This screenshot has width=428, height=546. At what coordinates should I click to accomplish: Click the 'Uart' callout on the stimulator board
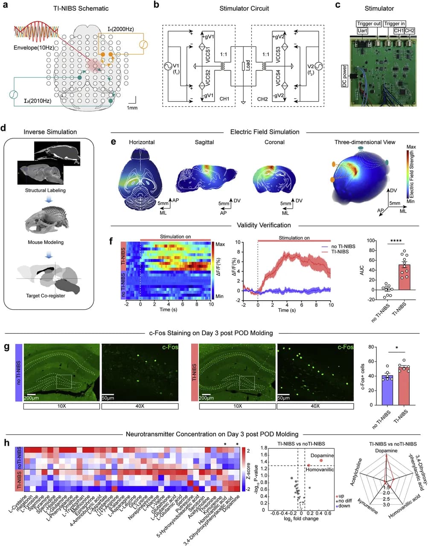[362, 31]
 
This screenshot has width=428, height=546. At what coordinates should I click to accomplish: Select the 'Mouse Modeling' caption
[45, 242]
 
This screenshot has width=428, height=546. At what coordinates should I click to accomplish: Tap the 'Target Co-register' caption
[45, 295]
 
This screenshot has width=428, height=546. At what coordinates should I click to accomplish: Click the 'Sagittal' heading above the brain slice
[204, 142]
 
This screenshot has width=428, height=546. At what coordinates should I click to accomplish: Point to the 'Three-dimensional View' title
[365, 142]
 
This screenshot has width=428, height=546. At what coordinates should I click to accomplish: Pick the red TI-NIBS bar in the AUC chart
[405, 277]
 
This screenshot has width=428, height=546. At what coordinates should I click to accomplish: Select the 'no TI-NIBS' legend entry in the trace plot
[343, 246]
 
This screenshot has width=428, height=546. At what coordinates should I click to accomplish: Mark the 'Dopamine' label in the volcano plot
[322, 456]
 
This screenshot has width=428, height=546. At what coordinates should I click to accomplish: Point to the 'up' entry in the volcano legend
[341, 496]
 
